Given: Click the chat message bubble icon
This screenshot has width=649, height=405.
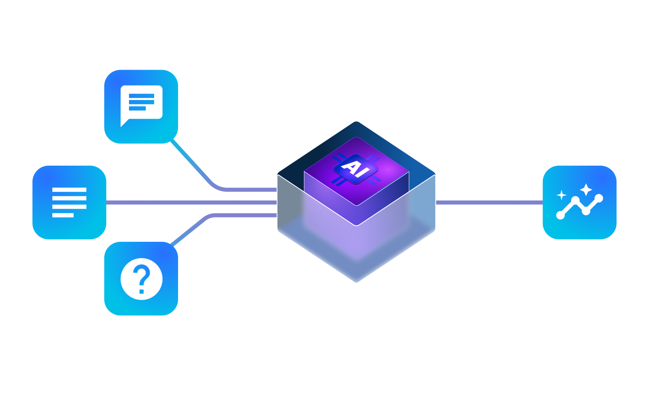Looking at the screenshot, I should (x=141, y=106).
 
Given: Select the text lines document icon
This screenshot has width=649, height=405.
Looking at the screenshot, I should (x=69, y=202).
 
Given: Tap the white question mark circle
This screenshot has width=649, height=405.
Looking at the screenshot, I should (x=141, y=279).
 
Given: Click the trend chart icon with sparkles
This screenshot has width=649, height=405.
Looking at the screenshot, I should (x=579, y=202).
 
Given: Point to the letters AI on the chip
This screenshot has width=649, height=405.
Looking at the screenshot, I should (x=356, y=168).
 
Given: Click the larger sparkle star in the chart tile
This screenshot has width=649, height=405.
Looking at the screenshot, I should (x=586, y=189).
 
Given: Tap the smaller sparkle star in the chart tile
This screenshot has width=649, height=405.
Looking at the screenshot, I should (x=561, y=195).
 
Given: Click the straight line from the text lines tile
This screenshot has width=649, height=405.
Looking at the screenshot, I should (x=191, y=202).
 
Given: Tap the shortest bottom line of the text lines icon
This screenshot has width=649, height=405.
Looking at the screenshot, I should (x=63, y=215).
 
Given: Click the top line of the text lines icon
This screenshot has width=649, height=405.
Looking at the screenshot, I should (x=69, y=190).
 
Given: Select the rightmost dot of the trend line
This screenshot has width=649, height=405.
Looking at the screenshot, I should (x=599, y=198).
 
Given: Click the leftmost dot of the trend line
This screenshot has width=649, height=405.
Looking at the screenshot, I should (x=561, y=215).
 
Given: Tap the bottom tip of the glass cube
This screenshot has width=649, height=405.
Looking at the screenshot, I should (x=357, y=281).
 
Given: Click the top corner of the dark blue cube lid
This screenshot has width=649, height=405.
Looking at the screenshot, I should (x=356, y=123).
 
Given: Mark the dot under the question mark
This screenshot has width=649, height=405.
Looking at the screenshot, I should (x=142, y=291).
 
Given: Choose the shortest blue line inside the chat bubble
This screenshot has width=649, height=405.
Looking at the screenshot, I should (x=137, y=109).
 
